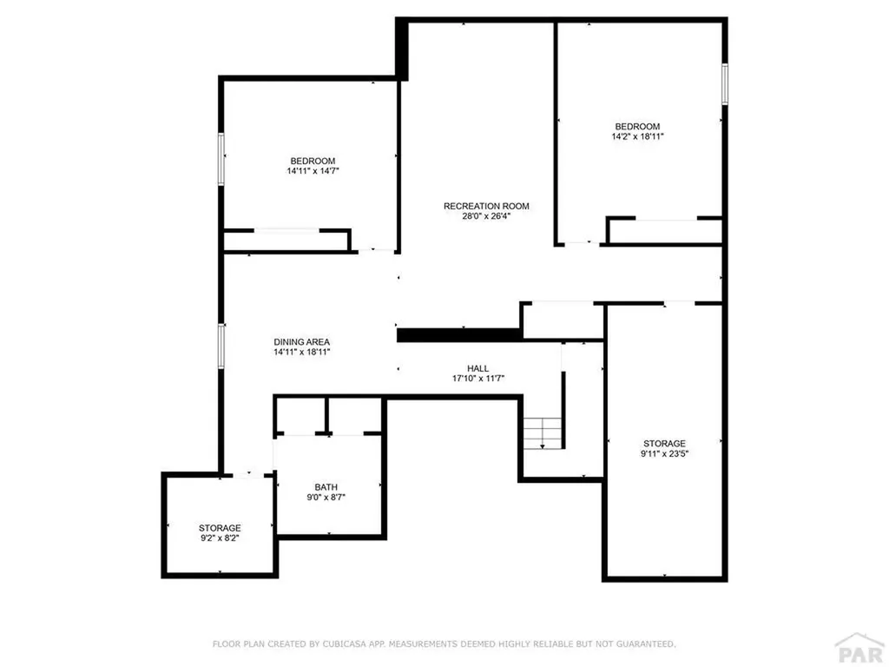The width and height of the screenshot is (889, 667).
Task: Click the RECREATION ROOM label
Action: coord(486,206)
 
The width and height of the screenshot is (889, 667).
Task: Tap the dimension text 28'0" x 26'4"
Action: coord(486,217)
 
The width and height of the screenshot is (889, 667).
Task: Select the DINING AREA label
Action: coord(302,341)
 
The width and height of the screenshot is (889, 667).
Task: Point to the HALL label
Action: coord(477,368)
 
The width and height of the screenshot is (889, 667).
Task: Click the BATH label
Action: coord(326,487)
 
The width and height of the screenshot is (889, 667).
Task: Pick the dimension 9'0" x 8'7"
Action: coord(326,498)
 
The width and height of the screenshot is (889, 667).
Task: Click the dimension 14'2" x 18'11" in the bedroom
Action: coord(638,136)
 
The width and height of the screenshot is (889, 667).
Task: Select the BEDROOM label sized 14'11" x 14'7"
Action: coord(313,161)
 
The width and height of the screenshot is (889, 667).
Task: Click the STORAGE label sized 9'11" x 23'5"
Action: coord(664,443)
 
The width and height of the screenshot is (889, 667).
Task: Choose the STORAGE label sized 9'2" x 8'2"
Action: coord(220,527)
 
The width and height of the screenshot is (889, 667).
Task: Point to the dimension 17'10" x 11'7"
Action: coord(477,379)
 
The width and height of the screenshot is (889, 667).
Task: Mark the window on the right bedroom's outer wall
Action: coord(725,85)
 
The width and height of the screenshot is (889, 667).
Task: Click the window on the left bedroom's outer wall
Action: coord(221,158)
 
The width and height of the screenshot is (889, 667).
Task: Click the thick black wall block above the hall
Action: coord(458,334)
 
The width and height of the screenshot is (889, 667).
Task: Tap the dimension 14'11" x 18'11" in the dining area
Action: coord(302,353)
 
